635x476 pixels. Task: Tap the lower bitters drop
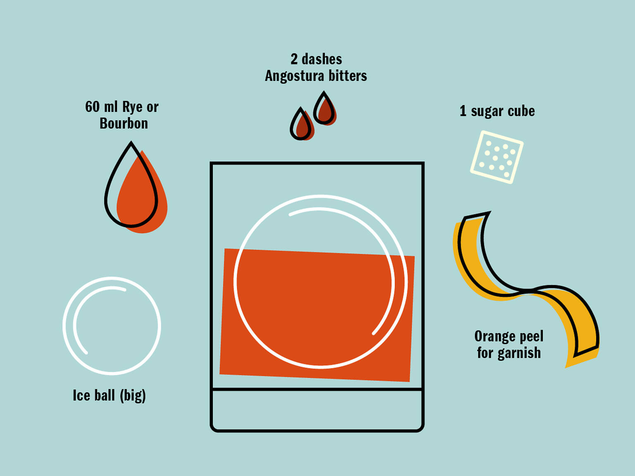point(302,125)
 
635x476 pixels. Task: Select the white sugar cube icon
point(497,157)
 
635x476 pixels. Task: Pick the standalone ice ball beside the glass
point(112,326)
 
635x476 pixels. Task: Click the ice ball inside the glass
point(320,281)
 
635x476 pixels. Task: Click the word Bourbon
point(124,124)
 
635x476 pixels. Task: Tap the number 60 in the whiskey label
point(92,107)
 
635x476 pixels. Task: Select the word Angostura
point(294,76)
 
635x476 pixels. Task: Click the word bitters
point(348,76)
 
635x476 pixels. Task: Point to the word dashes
point(322,59)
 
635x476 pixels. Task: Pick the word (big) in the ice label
point(133,396)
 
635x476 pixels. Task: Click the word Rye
point(132,107)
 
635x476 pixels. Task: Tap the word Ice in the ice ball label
point(81,395)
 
